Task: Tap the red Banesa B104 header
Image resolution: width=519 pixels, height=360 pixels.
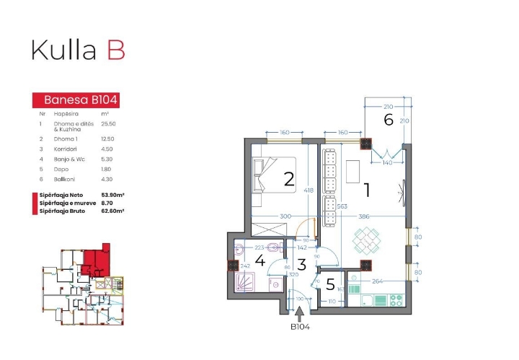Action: coord(76,100)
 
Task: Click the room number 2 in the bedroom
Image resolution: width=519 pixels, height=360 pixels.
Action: coord(289,180)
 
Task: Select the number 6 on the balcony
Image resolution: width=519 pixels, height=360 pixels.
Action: coord(389,120)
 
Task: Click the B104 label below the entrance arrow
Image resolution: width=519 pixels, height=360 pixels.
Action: coord(300,327)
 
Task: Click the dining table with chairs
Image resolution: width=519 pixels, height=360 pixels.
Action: coord(368,240)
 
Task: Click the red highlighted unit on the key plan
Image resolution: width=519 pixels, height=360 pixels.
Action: coord(93,259)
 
